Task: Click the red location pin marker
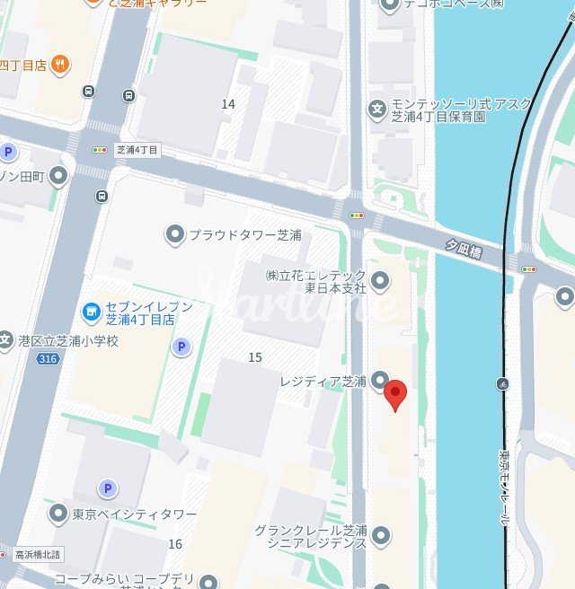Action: (x=395, y=393)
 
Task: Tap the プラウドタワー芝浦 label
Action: (x=244, y=235)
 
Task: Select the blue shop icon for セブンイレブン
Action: (x=90, y=312)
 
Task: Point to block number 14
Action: (x=228, y=104)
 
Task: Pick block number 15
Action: (x=255, y=357)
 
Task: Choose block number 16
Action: (x=175, y=543)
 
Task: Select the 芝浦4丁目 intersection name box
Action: (x=137, y=150)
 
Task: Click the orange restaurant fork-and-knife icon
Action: (x=60, y=63)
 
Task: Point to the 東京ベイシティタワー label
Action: (x=135, y=514)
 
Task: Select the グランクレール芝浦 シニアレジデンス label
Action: (x=311, y=536)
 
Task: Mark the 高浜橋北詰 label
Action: (x=37, y=555)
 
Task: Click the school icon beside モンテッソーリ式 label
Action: (x=377, y=110)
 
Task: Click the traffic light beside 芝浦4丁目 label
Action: (x=99, y=150)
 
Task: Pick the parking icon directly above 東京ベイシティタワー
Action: (x=108, y=488)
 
